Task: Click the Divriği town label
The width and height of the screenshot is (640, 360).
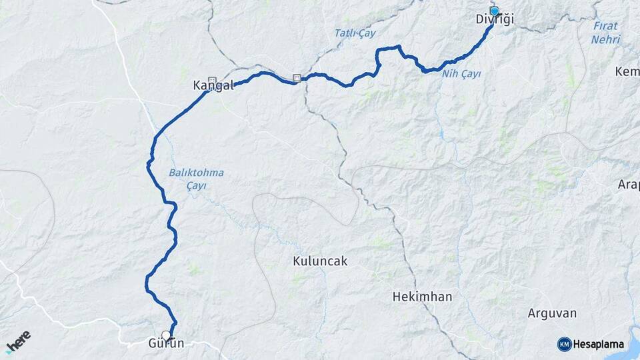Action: pos(495,20)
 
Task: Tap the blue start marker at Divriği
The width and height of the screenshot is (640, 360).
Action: pos(495,11)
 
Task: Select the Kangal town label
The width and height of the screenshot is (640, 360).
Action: pos(213,85)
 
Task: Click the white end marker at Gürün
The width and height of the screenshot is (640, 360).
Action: pos(166,335)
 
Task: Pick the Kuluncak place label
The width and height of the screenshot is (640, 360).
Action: pos(320,261)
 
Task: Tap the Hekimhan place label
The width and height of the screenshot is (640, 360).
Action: pos(422,296)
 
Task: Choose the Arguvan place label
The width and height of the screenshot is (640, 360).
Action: pos(552,313)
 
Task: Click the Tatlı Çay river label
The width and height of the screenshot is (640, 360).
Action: pos(355,33)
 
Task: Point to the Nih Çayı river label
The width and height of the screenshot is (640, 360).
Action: pos(461,73)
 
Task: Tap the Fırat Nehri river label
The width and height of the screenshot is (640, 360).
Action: pos(605,33)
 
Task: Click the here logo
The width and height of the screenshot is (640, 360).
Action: pos(18,341)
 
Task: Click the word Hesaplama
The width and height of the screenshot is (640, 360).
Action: pos(599,345)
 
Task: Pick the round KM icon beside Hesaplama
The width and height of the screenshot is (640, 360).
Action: pos(564,344)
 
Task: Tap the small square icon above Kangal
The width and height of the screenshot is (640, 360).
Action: pos(212,77)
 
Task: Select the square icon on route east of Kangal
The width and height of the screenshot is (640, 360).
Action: pos(296,78)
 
